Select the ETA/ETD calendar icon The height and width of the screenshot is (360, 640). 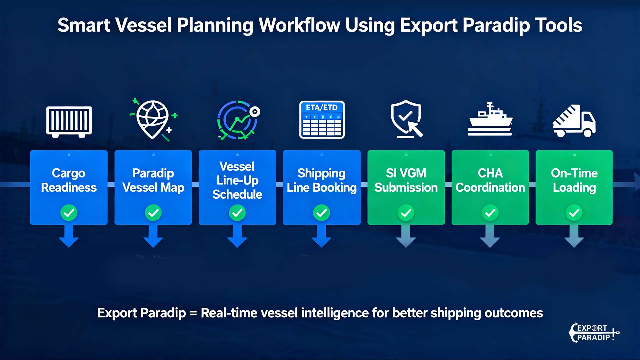(x=322, y=120)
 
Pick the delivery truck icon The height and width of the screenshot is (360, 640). (x=574, y=121)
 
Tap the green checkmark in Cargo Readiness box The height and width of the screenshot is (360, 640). (x=69, y=213)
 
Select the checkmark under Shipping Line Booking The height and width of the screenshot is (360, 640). (x=322, y=213)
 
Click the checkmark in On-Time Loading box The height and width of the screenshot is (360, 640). (x=574, y=213)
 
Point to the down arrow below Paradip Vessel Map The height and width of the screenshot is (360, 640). (x=153, y=236)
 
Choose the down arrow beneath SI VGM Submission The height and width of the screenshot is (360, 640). (x=406, y=236)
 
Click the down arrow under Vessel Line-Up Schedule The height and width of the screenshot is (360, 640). (x=237, y=236)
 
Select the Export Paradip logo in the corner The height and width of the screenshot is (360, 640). (x=594, y=333)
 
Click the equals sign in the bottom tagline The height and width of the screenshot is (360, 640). (x=193, y=313)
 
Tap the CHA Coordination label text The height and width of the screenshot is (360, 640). (x=490, y=180)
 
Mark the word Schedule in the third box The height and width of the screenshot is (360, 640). (x=237, y=194)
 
